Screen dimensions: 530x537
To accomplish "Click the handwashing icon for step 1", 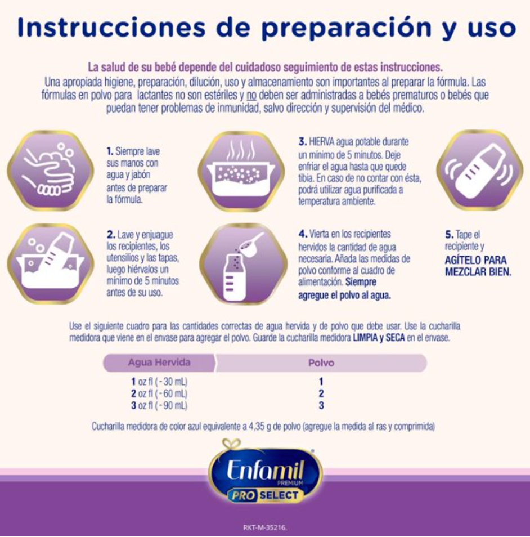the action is coord(50,170).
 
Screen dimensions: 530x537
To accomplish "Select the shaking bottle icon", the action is coord(479,170).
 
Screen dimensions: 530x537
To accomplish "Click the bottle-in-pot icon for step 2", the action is coord(50,263).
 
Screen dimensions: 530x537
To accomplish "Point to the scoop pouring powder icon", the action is coord(244,263).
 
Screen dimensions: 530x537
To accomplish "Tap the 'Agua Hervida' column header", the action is coord(159,363).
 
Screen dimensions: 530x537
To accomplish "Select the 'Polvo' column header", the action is coord(321,363).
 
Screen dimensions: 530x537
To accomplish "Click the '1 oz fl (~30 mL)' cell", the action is coord(159,382).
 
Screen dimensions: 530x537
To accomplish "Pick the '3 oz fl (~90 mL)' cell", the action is coord(159,405).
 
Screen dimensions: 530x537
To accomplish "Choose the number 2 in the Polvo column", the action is coord(321,393).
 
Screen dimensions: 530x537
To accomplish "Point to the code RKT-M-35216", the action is coord(265,527).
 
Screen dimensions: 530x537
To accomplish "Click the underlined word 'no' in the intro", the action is coord(251,95).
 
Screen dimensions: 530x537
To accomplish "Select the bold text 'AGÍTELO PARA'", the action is coord(475,260).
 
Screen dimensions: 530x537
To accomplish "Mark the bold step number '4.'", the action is coord(303,234).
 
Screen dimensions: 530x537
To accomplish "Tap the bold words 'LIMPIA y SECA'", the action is coord(379,338).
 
